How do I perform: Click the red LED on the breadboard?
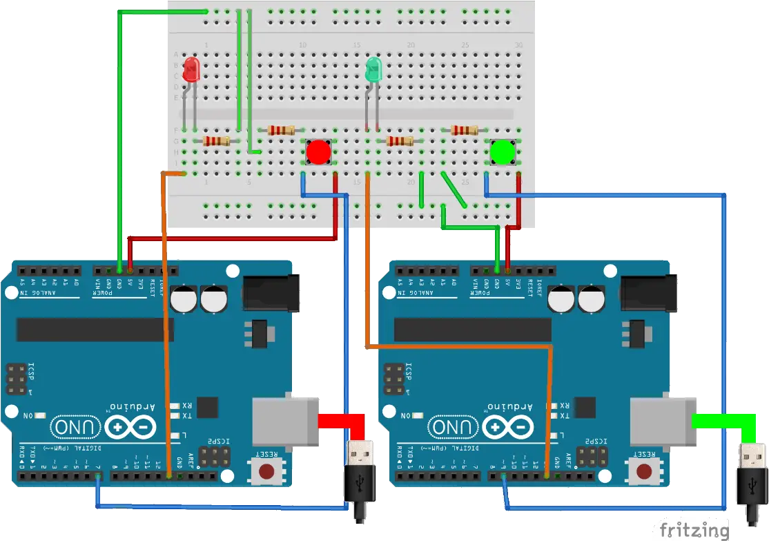pyautogui.click(x=191, y=70)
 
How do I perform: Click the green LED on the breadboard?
pyautogui.click(x=373, y=69)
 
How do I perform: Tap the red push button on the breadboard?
pyautogui.click(x=318, y=152)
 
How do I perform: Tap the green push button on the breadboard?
pyautogui.click(x=503, y=152)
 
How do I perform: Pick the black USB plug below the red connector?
pyautogui.click(x=360, y=477)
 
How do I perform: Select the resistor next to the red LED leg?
pyautogui.click(x=217, y=141)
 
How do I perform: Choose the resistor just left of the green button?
pyautogui.click(x=464, y=129)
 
